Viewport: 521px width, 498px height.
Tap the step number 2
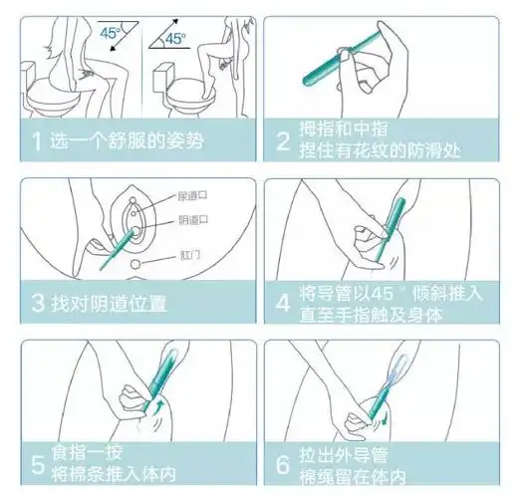282,140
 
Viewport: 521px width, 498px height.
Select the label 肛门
192,254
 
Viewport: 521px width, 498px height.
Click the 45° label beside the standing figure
175,40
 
